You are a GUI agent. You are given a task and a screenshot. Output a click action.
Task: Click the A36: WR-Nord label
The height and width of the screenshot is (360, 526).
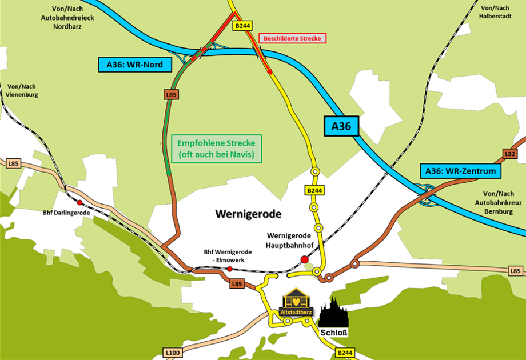136,65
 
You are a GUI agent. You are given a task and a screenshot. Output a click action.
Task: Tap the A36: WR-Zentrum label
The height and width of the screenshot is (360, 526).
460,170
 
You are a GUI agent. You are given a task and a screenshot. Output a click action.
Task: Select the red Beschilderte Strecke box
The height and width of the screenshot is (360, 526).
293,38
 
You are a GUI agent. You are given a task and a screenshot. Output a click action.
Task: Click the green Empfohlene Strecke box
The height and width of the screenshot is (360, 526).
217,149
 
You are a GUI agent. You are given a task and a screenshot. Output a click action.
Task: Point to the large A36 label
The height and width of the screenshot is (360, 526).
341,126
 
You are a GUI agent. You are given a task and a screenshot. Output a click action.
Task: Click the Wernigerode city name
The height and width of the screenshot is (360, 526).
249,214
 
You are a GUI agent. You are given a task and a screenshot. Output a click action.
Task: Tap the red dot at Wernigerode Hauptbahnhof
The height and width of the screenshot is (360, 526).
305,259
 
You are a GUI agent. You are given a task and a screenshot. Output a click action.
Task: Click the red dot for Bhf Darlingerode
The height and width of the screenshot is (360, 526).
79,202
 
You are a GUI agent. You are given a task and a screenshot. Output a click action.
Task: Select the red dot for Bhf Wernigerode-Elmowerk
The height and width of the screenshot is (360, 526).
230,269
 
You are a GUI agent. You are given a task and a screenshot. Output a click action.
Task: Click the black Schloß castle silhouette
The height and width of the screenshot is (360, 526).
333,313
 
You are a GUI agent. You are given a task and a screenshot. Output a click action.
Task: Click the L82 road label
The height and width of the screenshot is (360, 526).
510,154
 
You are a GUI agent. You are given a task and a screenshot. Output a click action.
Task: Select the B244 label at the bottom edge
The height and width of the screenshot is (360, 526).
345,353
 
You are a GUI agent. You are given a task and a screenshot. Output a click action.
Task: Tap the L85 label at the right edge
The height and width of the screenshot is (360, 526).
516,270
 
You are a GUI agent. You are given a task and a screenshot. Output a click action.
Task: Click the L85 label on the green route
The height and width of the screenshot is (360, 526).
170,95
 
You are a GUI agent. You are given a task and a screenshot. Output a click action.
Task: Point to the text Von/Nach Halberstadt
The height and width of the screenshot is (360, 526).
495,12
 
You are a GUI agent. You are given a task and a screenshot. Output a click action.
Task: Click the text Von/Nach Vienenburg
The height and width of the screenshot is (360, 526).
23,90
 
